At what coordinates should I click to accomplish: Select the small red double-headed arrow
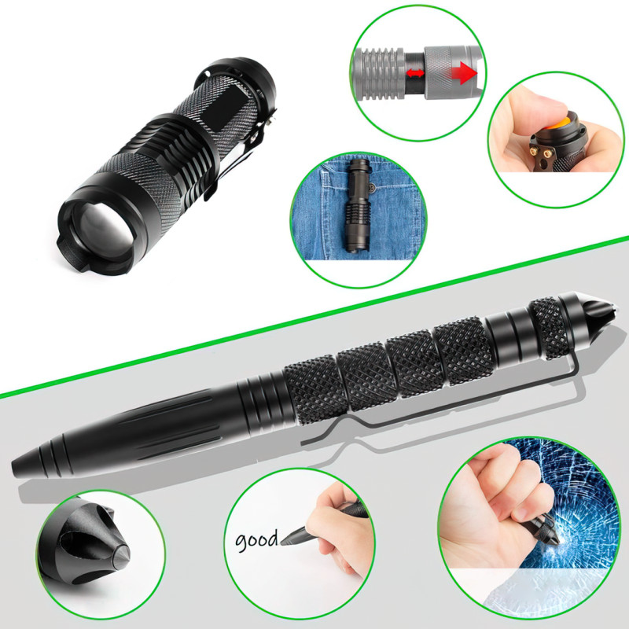[415, 73]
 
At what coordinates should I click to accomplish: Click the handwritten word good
[256, 540]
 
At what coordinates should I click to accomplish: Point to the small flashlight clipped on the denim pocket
[357, 205]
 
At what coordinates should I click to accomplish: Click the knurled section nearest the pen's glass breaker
[550, 328]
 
